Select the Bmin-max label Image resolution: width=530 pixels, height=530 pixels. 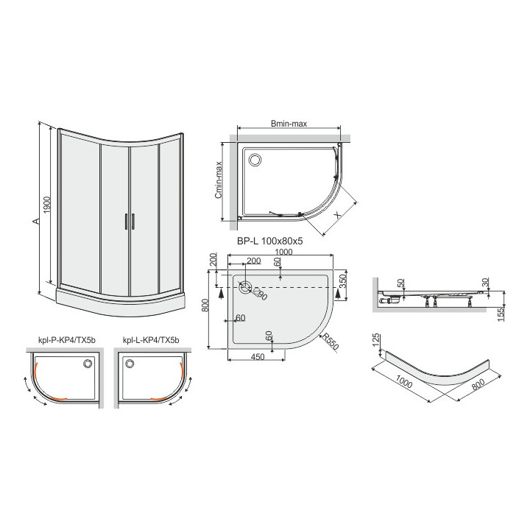pos(289,124)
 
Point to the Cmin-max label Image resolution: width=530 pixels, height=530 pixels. pos(218,181)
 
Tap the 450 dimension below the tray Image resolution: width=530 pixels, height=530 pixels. pos(256,358)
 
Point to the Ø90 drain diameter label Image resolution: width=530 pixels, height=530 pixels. pos(259,294)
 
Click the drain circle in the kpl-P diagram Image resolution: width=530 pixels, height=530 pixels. pos(88,362)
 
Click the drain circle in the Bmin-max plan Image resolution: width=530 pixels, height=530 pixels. pos(255,158)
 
